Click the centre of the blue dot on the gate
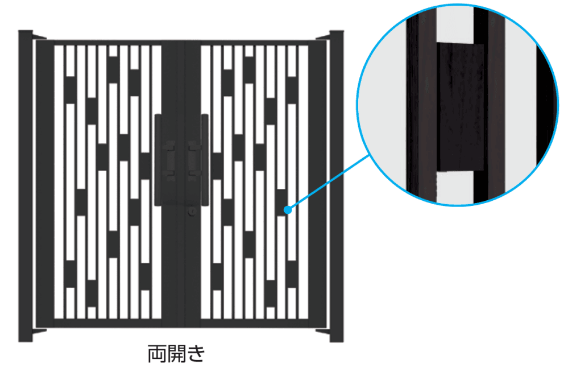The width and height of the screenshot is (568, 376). point(288,209)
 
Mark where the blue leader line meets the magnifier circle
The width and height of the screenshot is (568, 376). point(370,155)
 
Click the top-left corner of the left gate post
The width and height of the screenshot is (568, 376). point(19,31)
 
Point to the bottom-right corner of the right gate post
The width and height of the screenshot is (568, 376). point(343,341)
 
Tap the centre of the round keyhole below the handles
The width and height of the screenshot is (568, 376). point(192,211)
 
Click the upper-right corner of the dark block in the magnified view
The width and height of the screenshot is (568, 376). point(484,45)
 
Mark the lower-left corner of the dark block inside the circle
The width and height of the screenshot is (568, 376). point(437,171)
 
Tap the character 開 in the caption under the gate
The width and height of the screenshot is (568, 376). point(176,353)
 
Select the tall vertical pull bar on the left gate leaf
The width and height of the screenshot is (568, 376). point(158,160)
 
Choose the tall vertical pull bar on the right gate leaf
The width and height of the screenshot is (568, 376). point(205,160)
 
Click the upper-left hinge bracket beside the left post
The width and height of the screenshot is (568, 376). point(39,36)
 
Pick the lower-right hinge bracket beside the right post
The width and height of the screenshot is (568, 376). point(322,332)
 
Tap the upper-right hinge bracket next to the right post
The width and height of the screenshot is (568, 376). point(322,36)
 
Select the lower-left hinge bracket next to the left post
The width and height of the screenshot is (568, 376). point(39,332)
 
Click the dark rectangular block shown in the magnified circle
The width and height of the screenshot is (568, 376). point(460,108)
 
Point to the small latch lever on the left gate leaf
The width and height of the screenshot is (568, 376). point(169,160)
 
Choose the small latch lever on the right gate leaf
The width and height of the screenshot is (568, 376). point(194,160)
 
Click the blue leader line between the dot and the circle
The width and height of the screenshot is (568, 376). point(329,183)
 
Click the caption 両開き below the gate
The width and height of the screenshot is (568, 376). point(176,353)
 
